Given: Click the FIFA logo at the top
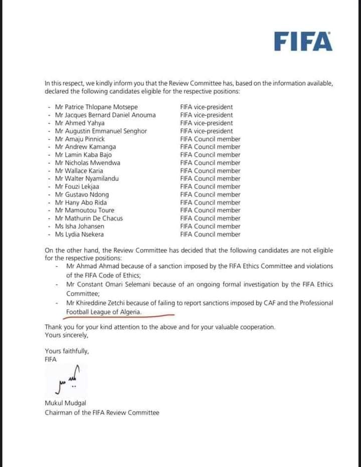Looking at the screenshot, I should point(303,41).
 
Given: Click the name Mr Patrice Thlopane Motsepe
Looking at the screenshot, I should point(96,107).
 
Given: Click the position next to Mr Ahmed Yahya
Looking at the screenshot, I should point(206,123).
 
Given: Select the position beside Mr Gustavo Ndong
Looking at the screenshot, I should point(210,194).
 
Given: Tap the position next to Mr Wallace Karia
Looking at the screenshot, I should point(210,170).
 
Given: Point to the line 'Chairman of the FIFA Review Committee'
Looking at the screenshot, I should point(102,412).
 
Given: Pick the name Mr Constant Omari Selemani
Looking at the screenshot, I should point(113,284).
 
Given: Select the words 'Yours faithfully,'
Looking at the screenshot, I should point(67,351).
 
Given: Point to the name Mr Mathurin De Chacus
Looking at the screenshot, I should point(89,218).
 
